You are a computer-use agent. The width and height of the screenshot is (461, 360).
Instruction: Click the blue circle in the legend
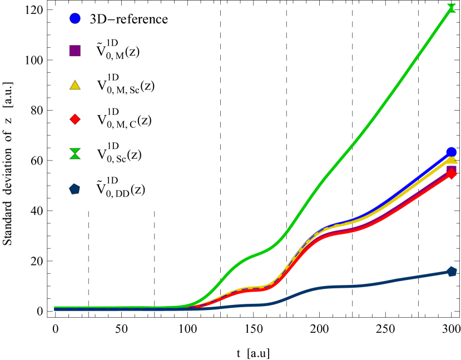click(x=75, y=18)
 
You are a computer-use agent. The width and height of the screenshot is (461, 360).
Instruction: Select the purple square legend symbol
click(x=75, y=51)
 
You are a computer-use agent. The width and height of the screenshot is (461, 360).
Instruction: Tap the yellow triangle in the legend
click(x=75, y=85)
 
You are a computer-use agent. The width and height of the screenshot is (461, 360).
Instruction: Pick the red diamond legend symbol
click(x=75, y=119)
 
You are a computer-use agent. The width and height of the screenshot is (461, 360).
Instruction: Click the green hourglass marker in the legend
click(x=75, y=154)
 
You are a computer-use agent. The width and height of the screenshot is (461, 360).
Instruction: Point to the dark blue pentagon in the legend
click(x=75, y=189)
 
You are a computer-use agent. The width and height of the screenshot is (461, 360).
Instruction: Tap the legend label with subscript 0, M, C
click(x=124, y=119)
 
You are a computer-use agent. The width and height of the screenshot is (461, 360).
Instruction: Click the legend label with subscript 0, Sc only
click(x=119, y=153)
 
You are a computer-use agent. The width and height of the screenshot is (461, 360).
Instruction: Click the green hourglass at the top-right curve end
click(x=452, y=7)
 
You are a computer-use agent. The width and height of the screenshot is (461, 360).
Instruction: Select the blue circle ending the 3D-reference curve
click(x=452, y=152)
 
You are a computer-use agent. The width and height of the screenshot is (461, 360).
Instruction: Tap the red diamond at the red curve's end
click(x=452, y=174)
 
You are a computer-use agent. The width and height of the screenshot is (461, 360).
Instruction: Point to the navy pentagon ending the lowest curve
click(x=452, y=272)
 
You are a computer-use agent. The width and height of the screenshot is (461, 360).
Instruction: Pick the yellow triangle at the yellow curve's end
click(x=452, y=160)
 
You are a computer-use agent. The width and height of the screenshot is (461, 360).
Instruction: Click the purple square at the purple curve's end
click(x=452, y=169)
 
